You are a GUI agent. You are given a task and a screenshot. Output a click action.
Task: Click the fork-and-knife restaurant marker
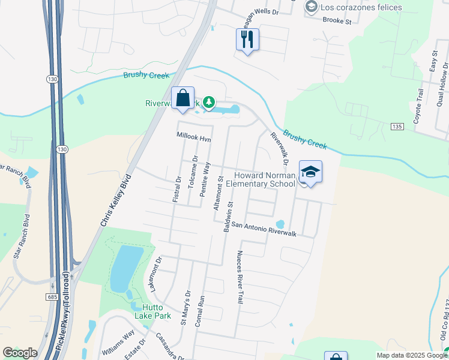[247, 40]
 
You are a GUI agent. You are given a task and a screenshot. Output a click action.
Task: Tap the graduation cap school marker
[310, 172]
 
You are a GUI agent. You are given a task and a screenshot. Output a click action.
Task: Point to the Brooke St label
[337, 20]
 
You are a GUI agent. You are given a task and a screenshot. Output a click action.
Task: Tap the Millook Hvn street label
[194, 137]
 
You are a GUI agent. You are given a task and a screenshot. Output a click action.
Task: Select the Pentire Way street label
[205, 176]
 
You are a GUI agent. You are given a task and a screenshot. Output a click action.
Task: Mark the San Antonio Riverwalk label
[264, 229]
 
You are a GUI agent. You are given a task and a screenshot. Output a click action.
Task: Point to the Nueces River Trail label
[240, 277]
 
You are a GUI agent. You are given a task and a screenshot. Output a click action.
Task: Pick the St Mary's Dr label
[185, 308]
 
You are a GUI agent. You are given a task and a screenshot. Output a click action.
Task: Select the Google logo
[20, 353]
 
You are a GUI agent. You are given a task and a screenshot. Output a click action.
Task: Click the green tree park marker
[209, 103]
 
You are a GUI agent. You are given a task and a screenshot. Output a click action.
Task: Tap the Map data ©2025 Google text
[411, 355]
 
